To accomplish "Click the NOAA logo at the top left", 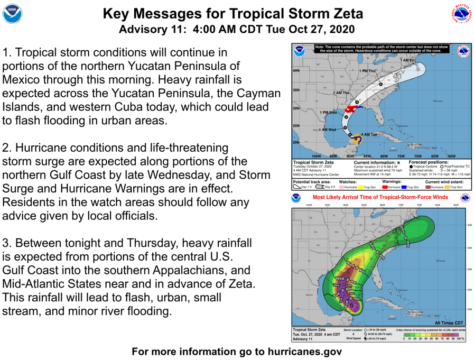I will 12,14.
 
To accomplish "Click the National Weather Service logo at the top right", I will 461,13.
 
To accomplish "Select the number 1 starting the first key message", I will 6,53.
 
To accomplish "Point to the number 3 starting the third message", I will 6,244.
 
